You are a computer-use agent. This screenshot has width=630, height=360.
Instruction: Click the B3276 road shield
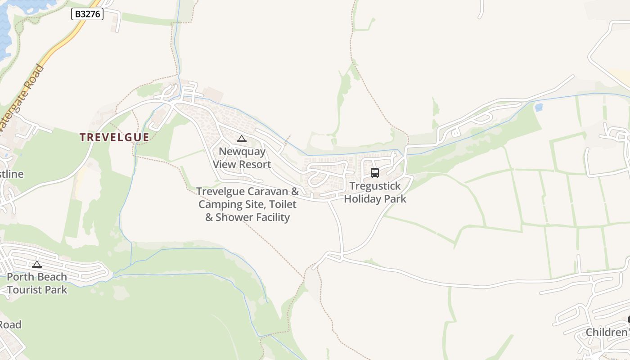(x=87, y=14)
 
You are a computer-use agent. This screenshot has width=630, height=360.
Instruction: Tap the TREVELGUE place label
(x=114, y=138)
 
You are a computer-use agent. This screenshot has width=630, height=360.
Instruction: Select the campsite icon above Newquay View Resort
(x=242, y=139)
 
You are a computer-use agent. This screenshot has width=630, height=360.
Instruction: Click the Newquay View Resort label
(x=242, y=158)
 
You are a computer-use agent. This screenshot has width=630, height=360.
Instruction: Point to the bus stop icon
(x=375, y=173)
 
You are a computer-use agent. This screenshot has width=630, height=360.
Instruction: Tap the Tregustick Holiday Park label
(x=375, y=193)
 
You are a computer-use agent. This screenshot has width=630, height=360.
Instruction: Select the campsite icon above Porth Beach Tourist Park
(x=37, y=264)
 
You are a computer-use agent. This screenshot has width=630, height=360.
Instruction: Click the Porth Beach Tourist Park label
(x=37, y=283)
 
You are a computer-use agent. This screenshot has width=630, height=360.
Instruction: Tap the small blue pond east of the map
(x=539, y=108)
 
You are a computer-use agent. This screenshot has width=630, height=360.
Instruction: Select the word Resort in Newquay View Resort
(x=255, y=165)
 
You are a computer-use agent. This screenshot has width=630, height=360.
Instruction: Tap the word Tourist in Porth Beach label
(x=22, y=290)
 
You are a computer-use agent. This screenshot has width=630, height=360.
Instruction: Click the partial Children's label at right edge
(x=607, y=333)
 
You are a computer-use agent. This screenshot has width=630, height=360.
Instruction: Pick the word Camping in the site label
(x=218, y=205)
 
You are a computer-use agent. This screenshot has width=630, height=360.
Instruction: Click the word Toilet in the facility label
(x=283, y=205)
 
